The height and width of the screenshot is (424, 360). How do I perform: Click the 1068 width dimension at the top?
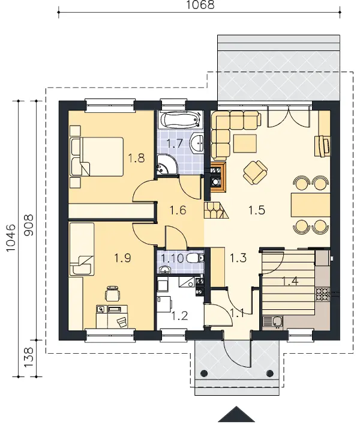(200, 5)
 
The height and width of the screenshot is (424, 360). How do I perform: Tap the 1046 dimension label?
(11, 238)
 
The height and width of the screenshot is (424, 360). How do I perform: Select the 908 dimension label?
(29, 225)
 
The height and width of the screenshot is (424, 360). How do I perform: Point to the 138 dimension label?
(29, 357)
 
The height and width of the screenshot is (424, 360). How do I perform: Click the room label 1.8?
(136, 158)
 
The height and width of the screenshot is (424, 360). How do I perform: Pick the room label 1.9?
(122, 258)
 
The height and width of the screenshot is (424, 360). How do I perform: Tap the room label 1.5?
(257, 210)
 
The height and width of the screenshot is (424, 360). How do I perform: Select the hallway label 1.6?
(178, 210)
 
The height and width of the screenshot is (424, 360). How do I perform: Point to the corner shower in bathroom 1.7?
(166, 165)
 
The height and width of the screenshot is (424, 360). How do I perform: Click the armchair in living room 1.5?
(255, 172)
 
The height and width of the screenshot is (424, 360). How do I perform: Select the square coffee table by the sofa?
(245, 144)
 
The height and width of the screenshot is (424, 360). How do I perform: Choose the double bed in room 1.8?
(97, 157)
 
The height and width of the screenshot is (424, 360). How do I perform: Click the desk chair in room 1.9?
(112, 293)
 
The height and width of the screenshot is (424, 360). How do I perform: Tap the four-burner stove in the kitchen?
(323, 294)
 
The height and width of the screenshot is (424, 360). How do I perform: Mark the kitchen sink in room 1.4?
(273, 323)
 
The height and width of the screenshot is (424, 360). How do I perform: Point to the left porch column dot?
(204, 374)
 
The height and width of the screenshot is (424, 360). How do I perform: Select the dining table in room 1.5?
(311, 205)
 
